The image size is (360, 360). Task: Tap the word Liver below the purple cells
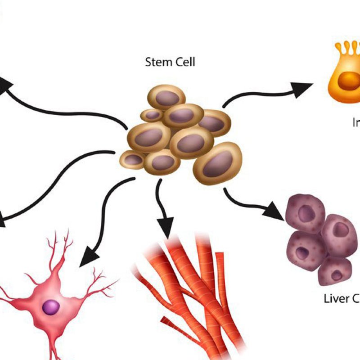(x=336, y=298)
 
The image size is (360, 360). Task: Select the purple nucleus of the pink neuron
(x=51, y=307)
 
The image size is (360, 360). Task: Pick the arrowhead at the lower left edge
(x=3, y=220)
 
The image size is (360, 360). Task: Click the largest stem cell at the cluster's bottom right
(x=218, y=162)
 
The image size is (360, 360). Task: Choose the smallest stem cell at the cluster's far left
(x=133, y=159)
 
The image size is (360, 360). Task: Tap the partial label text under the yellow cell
(x=355, y=122)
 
